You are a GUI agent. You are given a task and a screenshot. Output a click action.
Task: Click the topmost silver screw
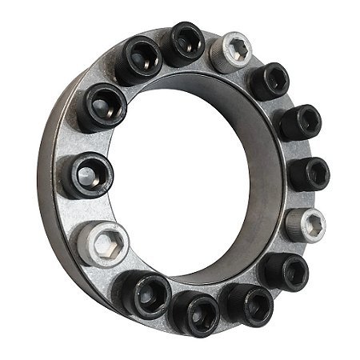tap(234, 51)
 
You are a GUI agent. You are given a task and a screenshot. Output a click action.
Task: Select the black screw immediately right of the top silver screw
tap(270, 80)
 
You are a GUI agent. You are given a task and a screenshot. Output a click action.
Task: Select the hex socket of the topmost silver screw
tap(236, 51)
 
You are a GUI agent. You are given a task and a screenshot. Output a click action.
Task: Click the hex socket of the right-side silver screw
tap(312, 225)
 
